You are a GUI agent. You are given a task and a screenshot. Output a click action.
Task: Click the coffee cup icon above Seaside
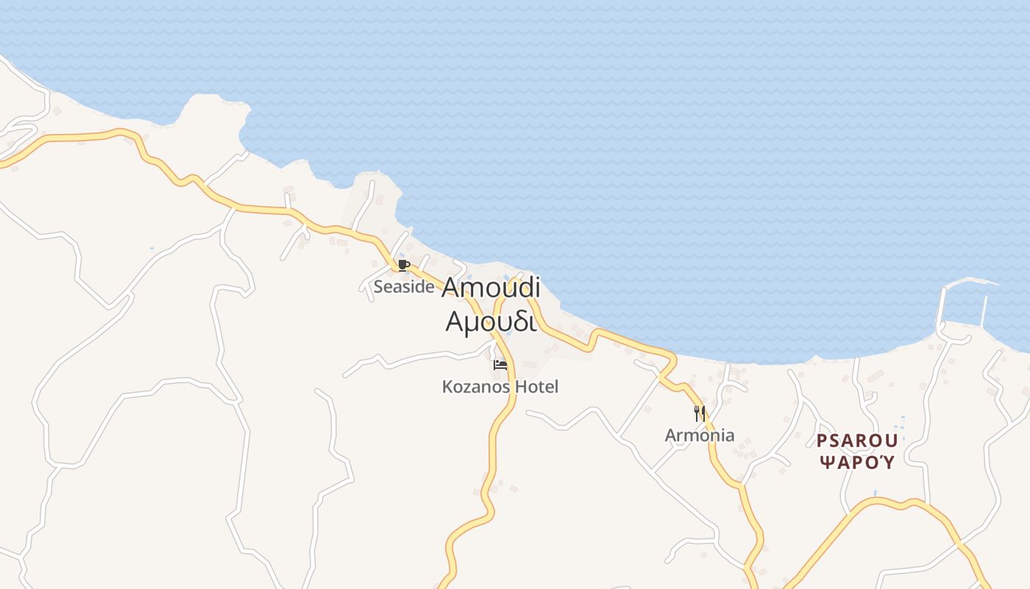click(402, 265)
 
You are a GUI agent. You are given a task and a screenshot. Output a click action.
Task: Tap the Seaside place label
click(404, 287)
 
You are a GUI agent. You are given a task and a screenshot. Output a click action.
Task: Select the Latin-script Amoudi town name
click(491, 288)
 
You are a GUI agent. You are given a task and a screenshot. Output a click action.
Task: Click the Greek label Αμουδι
click(490, 322)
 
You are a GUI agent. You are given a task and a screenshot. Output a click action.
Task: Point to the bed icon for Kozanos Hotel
click(500, 364)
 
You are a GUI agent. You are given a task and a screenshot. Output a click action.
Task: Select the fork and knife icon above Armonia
click(700, 413)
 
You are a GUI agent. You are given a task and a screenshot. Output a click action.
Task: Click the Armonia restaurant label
click(700, 435)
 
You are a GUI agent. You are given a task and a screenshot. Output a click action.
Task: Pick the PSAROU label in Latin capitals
click(857, 441)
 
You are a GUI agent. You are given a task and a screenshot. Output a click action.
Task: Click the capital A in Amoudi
click(451, 289)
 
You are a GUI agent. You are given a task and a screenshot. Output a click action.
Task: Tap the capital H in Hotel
click(522, 387)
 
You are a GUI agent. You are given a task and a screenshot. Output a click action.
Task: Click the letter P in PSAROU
click(823, 441)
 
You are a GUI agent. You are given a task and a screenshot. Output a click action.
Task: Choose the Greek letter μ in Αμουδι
click(472, 324)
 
